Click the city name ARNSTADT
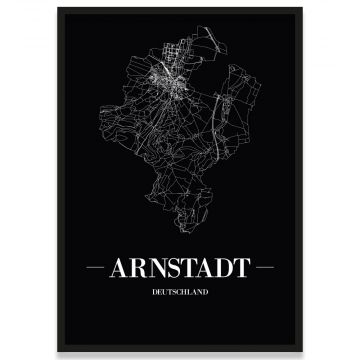(x=180, y=271)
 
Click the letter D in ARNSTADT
(x=222, y=271)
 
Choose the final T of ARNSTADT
(x=239, y=271)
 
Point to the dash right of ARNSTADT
(x=263, y=271)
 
